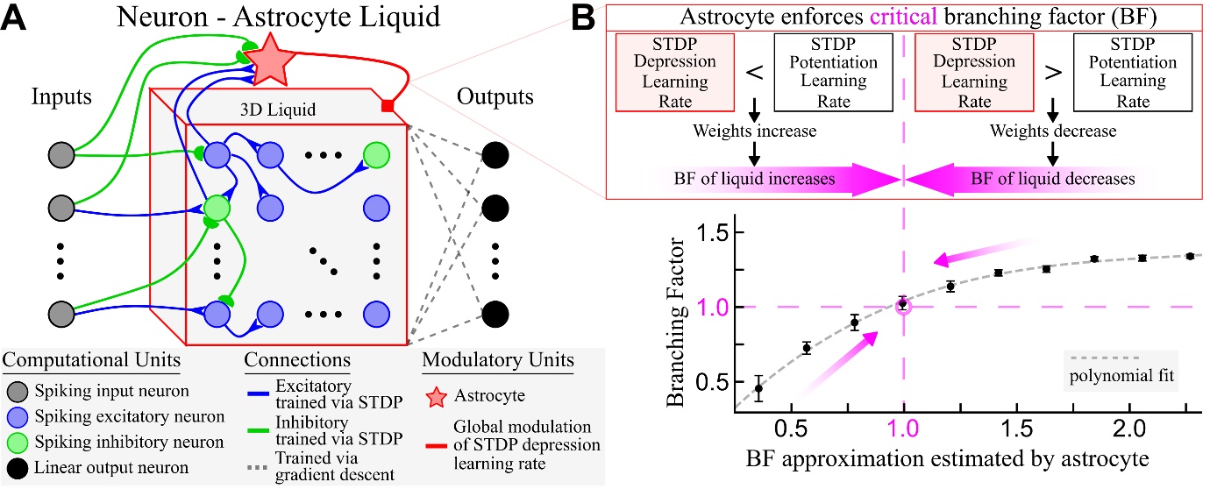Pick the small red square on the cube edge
pyautogui.click(x=386, y=106)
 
